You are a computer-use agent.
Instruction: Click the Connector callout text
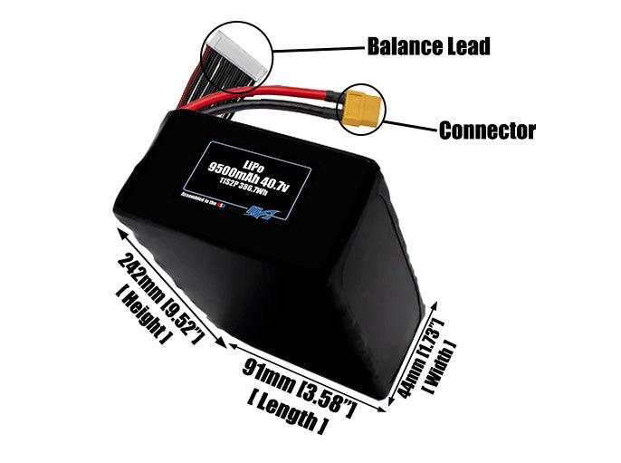pos(487,130)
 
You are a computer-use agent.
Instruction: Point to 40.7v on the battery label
pos(281,186)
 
